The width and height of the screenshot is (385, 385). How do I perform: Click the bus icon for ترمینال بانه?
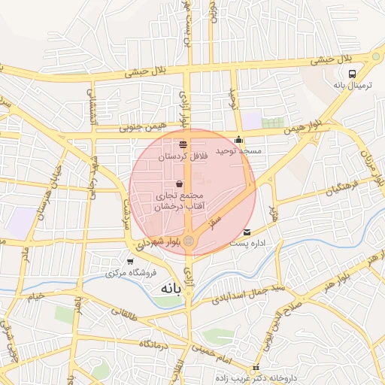coord(353,74)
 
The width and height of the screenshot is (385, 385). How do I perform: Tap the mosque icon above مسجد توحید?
coord(239,139)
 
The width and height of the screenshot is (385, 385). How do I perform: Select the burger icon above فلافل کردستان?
coord(183,144)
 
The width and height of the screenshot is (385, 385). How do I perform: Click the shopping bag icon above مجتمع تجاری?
coord(179,183)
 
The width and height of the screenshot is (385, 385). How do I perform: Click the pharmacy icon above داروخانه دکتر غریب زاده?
coord(257,368)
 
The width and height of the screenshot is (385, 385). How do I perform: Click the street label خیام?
coord(37,296)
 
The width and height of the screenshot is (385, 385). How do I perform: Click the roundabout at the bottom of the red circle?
coord(189,241)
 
